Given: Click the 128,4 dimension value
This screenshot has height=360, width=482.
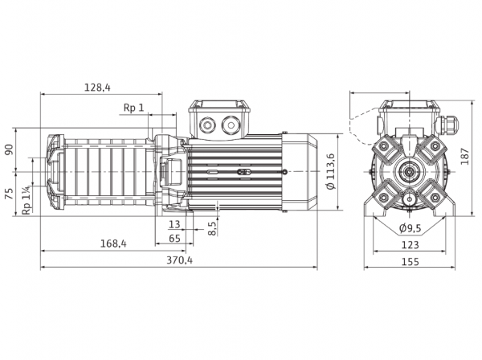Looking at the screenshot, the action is pos(97,88).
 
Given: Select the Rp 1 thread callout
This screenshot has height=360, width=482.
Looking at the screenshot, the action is pos(133,108).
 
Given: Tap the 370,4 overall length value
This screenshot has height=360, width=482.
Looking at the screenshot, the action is pos(179,260).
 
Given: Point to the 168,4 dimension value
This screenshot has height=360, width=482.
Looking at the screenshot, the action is pos(113,243).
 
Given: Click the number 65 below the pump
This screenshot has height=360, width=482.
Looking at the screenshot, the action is pos(174,238).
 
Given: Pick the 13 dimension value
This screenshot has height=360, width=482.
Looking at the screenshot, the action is pos(174,224).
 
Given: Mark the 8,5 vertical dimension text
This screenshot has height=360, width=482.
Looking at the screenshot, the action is pos(212,227).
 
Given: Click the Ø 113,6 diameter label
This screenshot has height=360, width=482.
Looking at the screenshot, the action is pos(331,171).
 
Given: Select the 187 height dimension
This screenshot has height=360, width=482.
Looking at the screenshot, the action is pos(465,156).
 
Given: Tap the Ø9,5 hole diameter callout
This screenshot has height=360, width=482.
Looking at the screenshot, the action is pos(410,228).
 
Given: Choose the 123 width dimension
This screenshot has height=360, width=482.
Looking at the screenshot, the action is pos(410,245).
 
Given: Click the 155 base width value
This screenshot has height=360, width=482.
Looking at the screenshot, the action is pos(410,262).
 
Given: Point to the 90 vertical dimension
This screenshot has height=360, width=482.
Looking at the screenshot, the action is pos(10,149).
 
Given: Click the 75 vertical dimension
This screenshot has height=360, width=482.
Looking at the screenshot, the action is pos(10,194).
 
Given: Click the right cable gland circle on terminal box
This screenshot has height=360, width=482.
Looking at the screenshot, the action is pos(231,125).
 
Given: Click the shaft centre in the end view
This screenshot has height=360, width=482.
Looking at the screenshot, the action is pos(410,171).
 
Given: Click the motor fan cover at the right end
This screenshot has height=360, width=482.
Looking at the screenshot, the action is pos(300,171).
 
